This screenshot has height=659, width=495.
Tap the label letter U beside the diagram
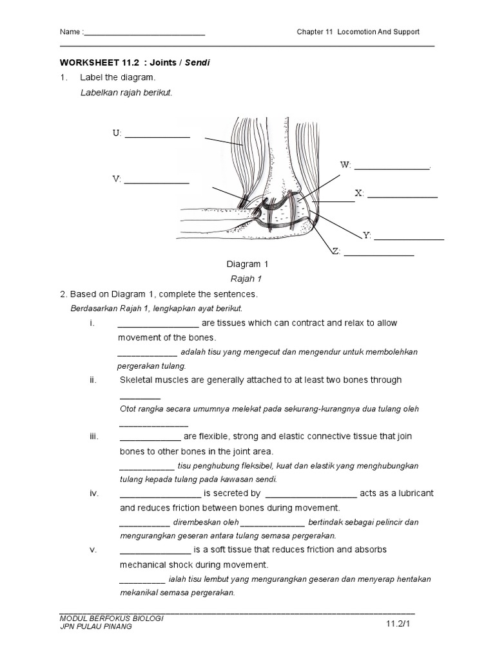[x=116, y=133]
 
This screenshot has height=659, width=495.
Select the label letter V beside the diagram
[x=116, y=180]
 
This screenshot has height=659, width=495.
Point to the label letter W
[x=345, y=165]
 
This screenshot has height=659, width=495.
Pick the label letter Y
[x=366, y=236]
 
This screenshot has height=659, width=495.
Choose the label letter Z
[x=336, y=251]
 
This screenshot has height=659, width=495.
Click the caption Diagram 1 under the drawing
[x=247, y=265]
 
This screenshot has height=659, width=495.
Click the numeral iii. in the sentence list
[x=94, y=436]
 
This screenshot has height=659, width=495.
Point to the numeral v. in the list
[x=93, y=550]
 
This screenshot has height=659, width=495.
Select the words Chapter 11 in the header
[x=314, y=32]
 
